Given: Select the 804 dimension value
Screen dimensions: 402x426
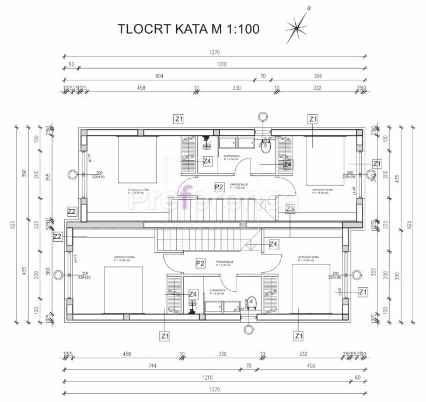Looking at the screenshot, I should [159, 76].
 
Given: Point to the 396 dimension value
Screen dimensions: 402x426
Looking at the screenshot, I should [318, 76].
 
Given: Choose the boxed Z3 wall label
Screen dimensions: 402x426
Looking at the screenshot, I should [290, 209].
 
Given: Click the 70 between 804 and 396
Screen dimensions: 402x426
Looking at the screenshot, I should [263, 76].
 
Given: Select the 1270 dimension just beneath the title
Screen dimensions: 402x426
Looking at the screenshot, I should [215, 52].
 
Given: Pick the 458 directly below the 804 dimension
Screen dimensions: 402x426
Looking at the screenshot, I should [141, 88].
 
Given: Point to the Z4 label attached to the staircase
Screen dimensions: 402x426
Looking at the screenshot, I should [273, 244].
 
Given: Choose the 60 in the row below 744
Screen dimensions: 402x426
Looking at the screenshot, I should [357, 378].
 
